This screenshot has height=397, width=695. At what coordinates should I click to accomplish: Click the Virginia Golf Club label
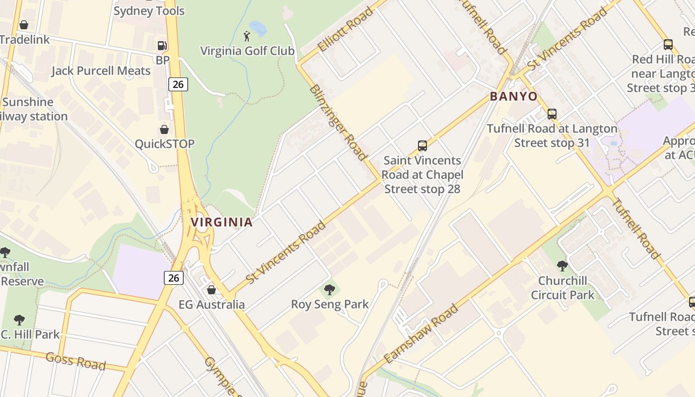tap(247, 51)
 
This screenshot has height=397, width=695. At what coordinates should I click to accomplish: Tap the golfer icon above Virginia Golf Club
tap(247, 36)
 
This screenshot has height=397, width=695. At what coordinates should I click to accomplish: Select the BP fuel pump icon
tap(162, 46)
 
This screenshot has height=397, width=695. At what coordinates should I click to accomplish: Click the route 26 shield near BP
tap(178, 84)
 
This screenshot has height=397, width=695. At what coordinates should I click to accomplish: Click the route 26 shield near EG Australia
tap(174, 277)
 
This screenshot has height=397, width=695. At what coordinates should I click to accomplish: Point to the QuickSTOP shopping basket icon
tap(164, 130)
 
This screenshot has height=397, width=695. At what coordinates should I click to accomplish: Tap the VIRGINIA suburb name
tap(222, 222)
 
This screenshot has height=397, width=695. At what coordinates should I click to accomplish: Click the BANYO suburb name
tap(514, 96)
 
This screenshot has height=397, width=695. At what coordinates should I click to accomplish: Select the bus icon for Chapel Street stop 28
tap(422, 146)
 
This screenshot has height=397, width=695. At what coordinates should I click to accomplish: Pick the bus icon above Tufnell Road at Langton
tap(552, 114)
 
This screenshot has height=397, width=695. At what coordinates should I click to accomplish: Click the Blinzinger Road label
tap(338, 122)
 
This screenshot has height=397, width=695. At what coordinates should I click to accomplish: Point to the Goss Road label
tap(75, 361)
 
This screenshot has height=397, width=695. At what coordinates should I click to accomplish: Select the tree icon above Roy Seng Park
tap(329, 290)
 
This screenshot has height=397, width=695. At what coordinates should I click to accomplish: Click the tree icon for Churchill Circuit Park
tap(562, 266)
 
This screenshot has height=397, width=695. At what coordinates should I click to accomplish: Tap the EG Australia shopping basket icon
tap(211, 290)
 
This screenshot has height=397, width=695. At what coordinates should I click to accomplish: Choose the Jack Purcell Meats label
tap(101, 71)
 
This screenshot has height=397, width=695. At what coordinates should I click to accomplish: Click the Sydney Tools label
tap(149, 11)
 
